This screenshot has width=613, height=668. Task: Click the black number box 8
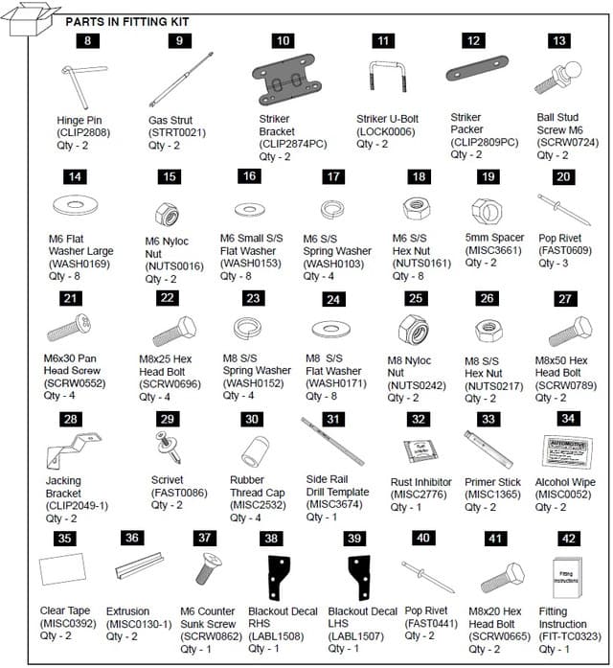click(x=88, y=41)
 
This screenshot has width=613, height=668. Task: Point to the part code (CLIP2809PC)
click(x=484, y=142)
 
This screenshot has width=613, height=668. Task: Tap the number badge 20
click(x=563, y=177)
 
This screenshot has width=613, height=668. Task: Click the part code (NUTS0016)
click(x=174, y=265)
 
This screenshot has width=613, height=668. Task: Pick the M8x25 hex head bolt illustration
click(x=173, y=331)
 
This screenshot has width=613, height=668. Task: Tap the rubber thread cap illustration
click(x=253, y=449)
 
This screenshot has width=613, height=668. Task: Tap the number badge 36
click(x=131, y=539)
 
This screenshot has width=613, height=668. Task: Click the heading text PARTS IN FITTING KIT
click(x=126, y=21)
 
